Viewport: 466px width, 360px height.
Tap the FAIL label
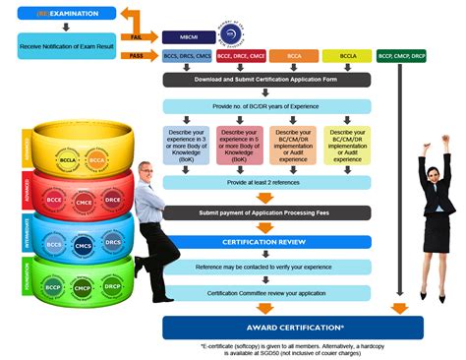137,36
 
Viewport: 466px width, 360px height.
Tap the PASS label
137,56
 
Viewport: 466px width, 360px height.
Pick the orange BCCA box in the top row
293,56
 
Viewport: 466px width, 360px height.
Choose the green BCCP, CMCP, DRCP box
402,56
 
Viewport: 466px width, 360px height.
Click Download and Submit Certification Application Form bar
266,80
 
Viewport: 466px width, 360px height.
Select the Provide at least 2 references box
266,182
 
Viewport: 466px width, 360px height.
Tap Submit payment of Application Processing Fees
266,212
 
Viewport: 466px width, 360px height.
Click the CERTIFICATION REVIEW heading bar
266,241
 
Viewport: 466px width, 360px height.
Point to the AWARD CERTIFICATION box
293,328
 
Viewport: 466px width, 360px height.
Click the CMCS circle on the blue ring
84,245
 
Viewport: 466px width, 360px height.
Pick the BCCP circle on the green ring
53,287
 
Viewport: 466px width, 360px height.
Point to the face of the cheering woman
434,164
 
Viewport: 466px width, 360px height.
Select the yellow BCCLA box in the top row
347,56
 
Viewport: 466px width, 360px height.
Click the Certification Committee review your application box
266,292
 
